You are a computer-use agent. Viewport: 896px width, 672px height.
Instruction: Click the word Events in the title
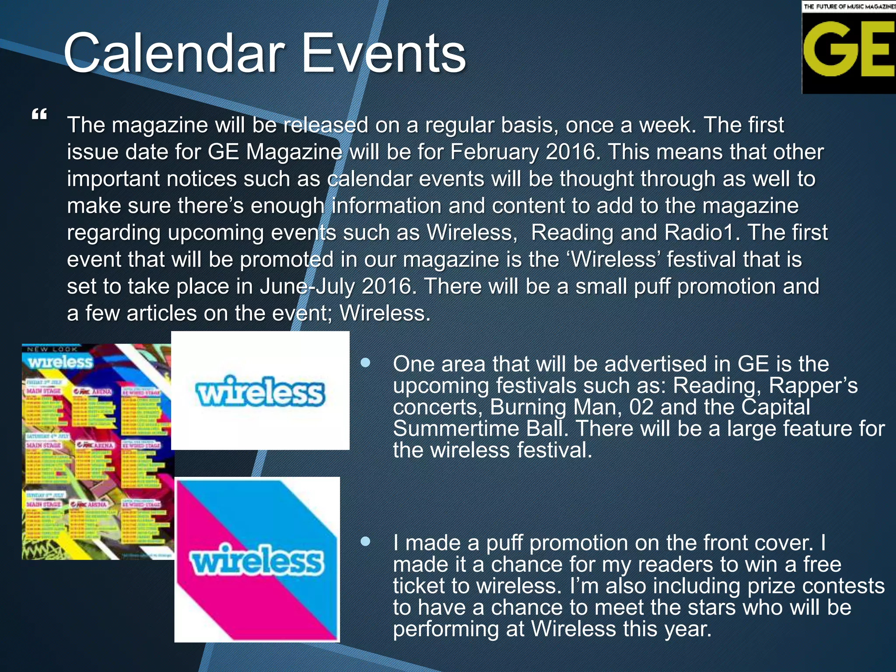(384, 53)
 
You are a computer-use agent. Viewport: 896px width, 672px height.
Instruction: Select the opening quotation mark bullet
(39, 115)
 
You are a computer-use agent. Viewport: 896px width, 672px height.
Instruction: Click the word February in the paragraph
(494, 152)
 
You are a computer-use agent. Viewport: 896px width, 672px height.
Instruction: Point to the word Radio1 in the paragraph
(698, 232)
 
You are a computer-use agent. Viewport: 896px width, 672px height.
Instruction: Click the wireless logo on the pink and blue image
(257, 560)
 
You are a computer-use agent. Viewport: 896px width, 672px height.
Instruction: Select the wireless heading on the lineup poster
(60, 362)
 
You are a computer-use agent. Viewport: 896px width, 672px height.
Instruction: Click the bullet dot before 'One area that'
(365, 363)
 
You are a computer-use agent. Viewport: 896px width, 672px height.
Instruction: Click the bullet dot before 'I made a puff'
(365, 542)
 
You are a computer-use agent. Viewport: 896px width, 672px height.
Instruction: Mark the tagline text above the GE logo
(849, 6)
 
